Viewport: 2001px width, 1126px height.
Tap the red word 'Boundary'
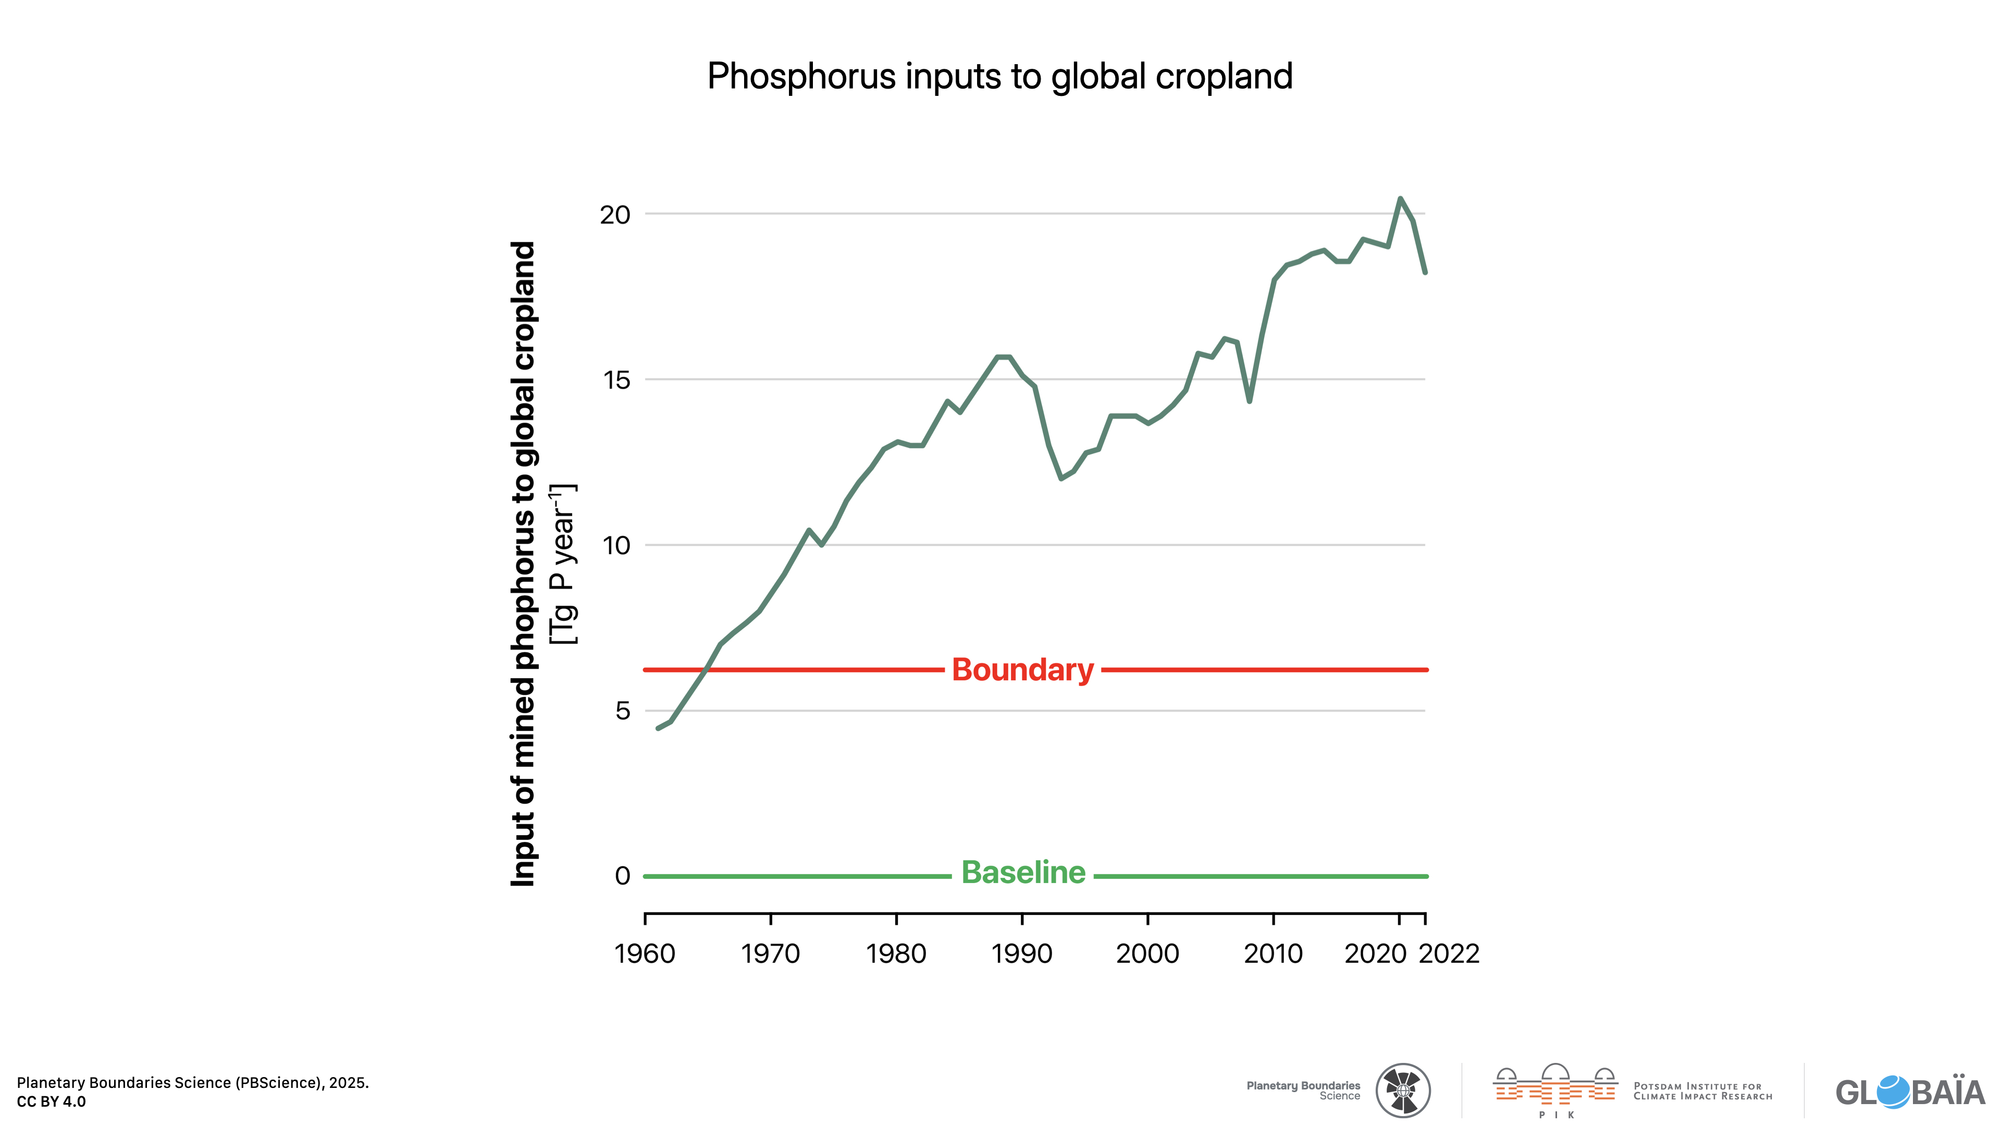tap(1022, 670)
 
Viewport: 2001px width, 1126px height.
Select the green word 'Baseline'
tap(1023, 873)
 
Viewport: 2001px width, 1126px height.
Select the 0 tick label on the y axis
tap(622, 876)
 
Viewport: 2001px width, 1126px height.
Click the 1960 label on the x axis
tap(645, 953)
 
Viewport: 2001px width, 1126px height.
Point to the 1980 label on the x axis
tap(896, 953)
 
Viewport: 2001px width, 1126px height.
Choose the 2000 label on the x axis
tap(1147, 953)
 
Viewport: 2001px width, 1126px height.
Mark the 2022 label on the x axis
tap(1450, 953)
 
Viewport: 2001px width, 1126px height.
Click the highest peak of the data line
tap(1400, 199)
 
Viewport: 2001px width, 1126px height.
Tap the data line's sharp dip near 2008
tap(1249, 401)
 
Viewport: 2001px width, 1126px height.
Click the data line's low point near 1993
tap(1061, 478)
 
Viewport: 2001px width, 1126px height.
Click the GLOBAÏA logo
tap(1909, 1092)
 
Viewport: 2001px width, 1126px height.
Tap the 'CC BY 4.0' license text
tap(51, 1102)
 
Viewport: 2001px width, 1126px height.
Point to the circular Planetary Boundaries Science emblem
tap(1403, 1090)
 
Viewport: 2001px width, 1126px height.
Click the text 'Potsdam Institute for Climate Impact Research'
tap(1703, 1092)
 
